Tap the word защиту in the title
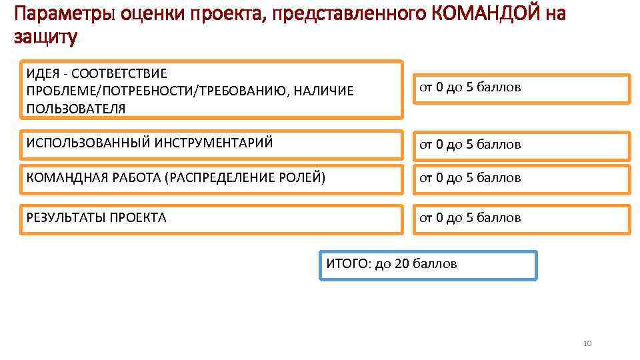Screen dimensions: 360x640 click(x=45, y=37)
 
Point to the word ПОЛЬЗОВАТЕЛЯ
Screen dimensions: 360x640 click(x=75, y=108)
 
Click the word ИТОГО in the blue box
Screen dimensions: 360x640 click(x=347, y=263)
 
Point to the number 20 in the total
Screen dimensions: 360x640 click(x=402, y=263)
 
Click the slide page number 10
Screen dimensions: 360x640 click(x=587, y=343)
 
